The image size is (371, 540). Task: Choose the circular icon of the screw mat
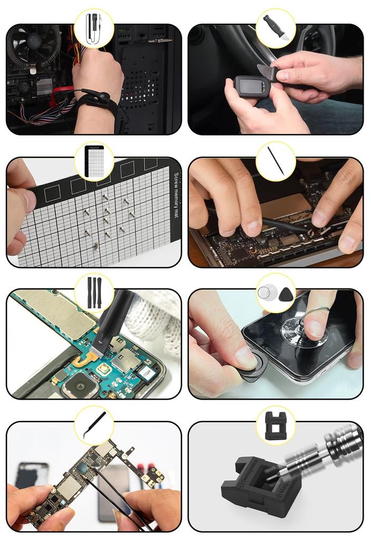click(94, 161)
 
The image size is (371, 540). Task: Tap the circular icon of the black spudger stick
click(275, 161)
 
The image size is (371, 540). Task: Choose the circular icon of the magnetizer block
click(275, 425)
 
